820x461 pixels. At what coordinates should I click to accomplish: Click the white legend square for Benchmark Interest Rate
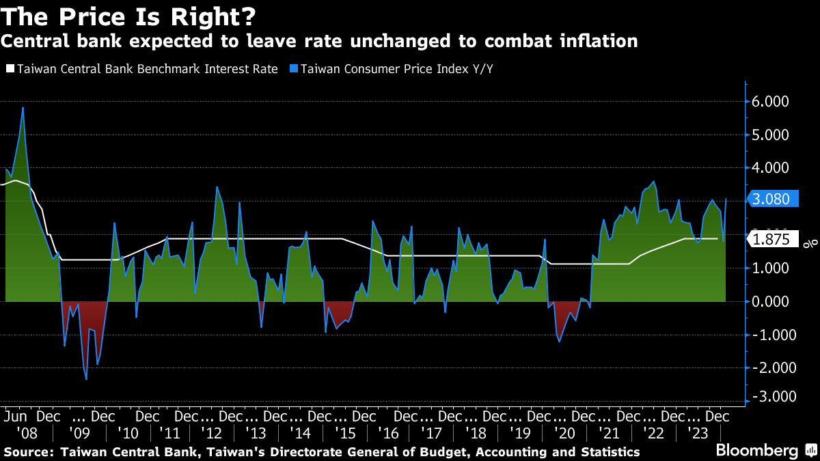coord(10,69)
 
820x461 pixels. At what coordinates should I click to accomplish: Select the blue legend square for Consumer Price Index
coord(293,69)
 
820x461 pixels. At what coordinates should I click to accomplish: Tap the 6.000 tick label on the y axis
coord(771,102)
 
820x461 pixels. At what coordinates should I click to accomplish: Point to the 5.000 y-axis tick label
coord(771,135)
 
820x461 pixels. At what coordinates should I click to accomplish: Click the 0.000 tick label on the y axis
coord(771,301)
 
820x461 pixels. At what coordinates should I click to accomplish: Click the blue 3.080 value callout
coord(771,199)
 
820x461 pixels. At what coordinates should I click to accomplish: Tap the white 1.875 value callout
coord(774,240)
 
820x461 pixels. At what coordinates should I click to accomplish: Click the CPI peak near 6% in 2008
coord(23,107)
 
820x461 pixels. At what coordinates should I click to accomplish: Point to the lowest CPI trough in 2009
coord(86,379)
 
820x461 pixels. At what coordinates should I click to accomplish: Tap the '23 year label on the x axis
coord(698,432)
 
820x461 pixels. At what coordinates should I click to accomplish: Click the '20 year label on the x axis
coord(566,432)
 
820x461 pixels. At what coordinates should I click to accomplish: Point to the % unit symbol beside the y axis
coord(806,243)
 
